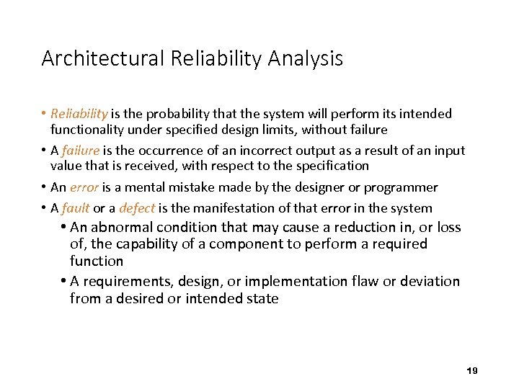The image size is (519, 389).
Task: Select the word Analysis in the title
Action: [305, 58]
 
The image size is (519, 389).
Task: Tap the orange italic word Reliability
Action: [79, 114]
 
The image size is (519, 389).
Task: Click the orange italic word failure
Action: [81, 151]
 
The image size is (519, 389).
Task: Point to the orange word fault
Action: [76, 208]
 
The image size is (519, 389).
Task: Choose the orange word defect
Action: [137, 208]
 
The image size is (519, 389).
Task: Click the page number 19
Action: [472, 370]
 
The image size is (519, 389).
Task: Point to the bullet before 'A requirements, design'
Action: [64, 281]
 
